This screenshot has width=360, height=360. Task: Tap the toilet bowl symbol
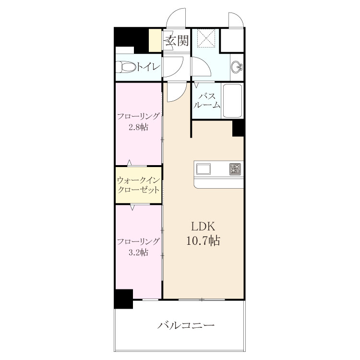click(x=126, y=67)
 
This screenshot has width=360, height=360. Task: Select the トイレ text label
click(x=148, y=67)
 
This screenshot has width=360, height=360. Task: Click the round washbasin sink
click(x=237, y=67)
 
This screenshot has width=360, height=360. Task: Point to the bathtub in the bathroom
click(x=232, y=101)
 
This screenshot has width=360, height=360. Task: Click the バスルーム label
click(x=206, y=101)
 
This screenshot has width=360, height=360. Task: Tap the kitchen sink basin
click(x=203, y=169)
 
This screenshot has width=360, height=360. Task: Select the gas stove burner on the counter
click(x=235, y=169)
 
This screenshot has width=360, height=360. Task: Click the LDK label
click(x=203, y=227)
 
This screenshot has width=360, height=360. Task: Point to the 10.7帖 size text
click(x=203, y=241)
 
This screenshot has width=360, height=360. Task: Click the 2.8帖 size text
click(x=138, y=127)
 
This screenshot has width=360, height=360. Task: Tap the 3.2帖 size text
click(x=138, y=252)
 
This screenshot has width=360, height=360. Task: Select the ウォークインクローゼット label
click(x=138, y=185)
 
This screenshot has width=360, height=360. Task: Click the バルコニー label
click(x=185, y=325)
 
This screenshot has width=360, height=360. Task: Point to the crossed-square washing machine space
click(x=206, y=38)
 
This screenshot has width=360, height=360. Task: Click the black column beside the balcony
click(x=123, y=299)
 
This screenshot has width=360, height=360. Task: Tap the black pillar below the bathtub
click(x=238, y=128)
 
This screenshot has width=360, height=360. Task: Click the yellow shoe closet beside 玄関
click(x=155, y=40)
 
